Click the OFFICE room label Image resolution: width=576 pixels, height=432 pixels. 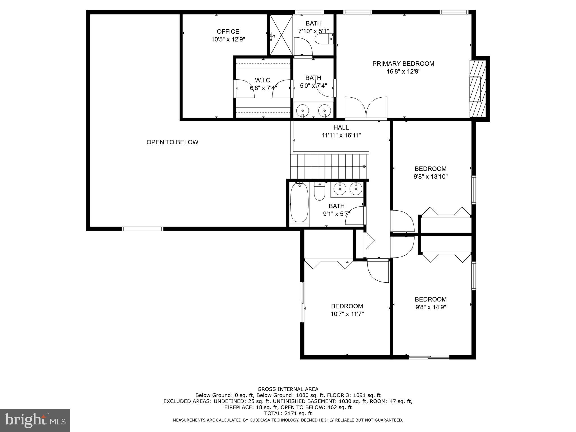point(228,31)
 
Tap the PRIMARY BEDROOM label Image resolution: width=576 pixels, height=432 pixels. point(403,64)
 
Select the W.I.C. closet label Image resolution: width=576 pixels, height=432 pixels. point(263,80)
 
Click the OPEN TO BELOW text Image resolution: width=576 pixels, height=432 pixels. point(172,142)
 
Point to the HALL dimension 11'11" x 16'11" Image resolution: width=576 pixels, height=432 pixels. point(341,135)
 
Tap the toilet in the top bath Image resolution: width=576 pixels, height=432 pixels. point(323,39)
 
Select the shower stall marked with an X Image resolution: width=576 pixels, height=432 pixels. point(281,35)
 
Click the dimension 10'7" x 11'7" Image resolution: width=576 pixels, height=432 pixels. point(347,314)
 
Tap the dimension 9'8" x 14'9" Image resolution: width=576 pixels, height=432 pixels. point(431,307)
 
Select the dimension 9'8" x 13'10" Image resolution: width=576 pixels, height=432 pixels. point(431,177)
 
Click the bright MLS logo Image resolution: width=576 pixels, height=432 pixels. point(35,420)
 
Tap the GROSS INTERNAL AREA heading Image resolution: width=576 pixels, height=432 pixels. point(288,389)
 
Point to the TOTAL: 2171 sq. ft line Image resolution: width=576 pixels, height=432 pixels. point(288,413)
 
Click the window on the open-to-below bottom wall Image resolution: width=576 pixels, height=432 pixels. point(143,229)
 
